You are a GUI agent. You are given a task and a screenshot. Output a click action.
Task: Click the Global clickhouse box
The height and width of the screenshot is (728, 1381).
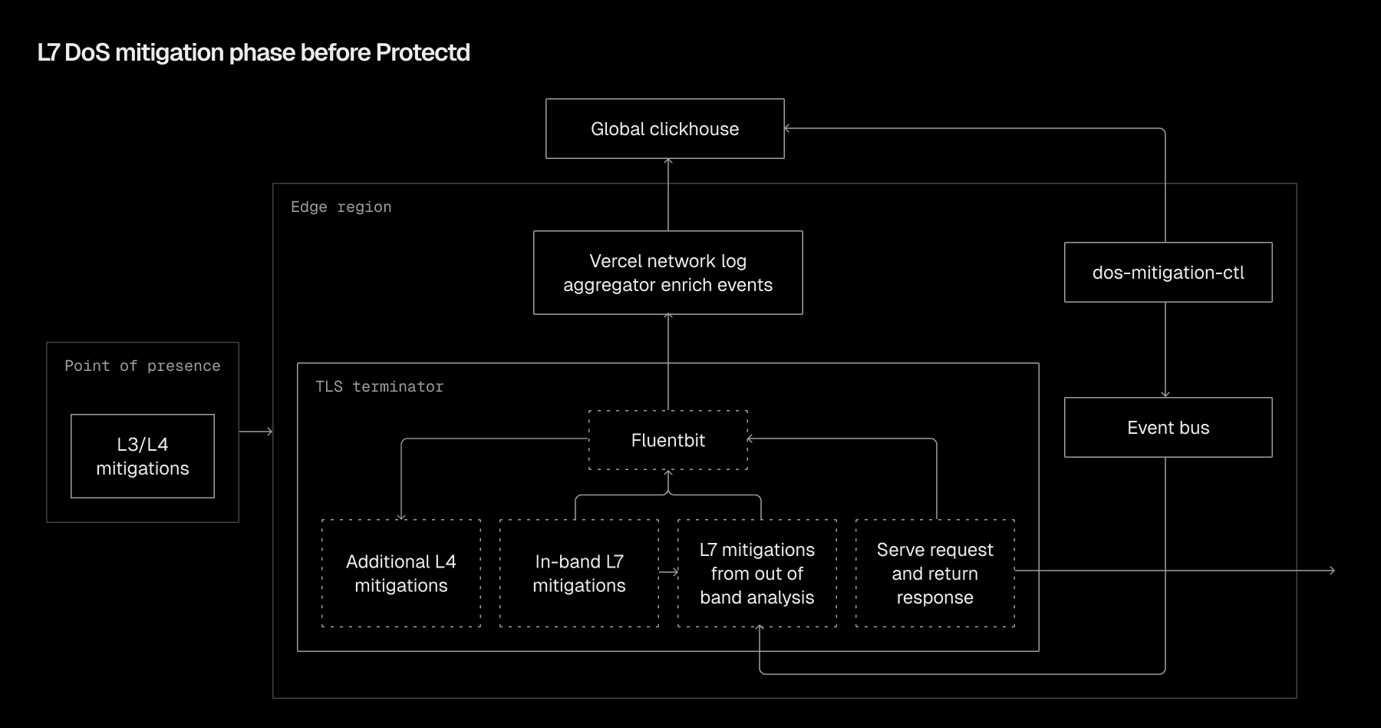(664, 129)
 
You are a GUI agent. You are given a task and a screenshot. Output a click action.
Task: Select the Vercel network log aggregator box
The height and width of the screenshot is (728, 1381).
(667, 273)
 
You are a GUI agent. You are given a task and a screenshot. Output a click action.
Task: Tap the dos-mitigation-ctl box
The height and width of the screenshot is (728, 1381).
(1168, 273)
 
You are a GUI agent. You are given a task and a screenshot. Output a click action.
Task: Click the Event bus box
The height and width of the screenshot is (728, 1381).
(1168, 428)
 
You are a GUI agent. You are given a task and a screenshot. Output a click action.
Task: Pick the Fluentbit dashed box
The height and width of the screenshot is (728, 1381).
(667, 440)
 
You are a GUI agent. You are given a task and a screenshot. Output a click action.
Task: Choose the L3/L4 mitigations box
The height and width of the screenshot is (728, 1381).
(143, 456)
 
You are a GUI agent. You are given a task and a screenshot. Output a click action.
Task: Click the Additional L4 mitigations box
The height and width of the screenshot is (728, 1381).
(400, 574)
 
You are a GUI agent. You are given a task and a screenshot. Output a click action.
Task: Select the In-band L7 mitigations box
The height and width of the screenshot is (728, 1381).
(578, 574)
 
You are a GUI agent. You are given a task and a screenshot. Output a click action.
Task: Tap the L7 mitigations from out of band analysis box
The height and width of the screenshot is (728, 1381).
(756, 574)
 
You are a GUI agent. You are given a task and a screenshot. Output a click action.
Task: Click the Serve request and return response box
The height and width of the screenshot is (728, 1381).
(934, 574)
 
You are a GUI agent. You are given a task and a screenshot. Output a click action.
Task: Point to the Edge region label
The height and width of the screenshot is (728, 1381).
(341, 207)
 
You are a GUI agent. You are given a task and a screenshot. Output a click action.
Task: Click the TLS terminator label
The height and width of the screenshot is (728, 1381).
(379, 387)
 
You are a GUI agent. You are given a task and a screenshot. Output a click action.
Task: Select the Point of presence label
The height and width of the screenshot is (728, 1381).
(143, 366)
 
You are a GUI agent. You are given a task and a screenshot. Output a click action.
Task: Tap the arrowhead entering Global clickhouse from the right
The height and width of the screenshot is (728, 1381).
(788, 129)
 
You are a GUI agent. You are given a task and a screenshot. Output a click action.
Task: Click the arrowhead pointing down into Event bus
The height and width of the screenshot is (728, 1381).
(1165, 394)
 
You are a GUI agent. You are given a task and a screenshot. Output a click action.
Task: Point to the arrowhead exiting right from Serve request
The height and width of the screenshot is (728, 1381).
(1331, 571)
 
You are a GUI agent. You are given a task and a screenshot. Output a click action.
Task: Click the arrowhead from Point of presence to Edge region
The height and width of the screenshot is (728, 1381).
(269, 432)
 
